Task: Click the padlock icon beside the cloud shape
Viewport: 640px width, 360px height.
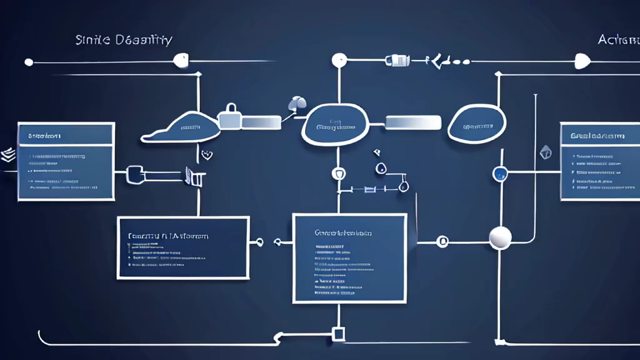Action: tap(230, 116)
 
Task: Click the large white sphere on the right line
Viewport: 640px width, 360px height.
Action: tap(500, 237)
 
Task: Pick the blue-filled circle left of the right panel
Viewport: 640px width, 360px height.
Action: tap(499, 173)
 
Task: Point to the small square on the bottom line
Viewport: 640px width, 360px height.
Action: tap(338, 334)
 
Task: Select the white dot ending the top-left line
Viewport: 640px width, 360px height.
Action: tap(28, 62)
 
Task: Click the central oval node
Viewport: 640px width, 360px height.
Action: tap(335, 124)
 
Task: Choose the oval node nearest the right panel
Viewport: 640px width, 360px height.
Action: tap(477, 124)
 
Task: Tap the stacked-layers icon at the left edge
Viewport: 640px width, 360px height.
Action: tap(8, 154)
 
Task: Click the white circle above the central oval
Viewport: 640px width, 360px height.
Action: tap(339, 61)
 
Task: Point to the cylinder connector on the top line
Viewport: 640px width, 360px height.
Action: tap(397, 61)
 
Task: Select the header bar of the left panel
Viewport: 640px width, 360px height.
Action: tap(66, 135)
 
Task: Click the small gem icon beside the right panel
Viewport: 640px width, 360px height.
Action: tap(546, 151)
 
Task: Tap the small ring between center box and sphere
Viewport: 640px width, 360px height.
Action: tap(442, 241)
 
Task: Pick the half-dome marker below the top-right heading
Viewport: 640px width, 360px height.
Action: tap(582, 61)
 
